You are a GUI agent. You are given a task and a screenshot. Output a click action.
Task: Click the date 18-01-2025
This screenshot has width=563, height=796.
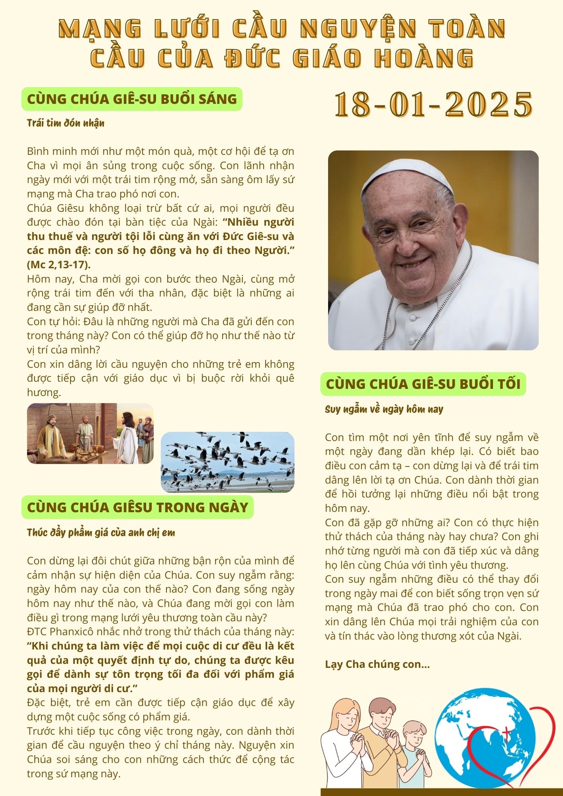pyautogui.click(x=433, y=104)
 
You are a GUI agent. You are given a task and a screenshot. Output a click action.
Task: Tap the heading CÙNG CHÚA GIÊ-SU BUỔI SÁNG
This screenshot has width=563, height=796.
pyautogui.click(x=132, y=99)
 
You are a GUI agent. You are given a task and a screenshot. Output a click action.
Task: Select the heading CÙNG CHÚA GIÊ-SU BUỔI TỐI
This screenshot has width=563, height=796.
pyautogui.click(x=423, y=384)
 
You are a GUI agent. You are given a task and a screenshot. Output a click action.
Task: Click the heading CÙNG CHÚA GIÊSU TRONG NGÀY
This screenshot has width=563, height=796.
pyautogui.click(x=137, y=507)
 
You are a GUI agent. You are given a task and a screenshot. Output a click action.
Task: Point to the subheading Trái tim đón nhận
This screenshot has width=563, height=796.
pyautogui.click(x=66, y=123)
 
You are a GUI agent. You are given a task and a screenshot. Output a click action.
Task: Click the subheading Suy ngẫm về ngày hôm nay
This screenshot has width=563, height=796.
pyautogui.click(x=384, y=409)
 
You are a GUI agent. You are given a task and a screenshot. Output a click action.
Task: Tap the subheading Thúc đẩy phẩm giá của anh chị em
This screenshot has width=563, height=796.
pyautogui.click(x=101, y=533)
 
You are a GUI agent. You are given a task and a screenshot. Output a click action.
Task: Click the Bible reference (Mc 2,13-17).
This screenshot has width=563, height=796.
pyautogui.click(x=59, y=265)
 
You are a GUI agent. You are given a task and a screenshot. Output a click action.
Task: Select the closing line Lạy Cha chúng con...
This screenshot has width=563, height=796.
pyautogui.click(x=377, y=664)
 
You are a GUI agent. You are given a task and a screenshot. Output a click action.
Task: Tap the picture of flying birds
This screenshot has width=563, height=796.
pyautogui.click(x=227, y=462)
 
